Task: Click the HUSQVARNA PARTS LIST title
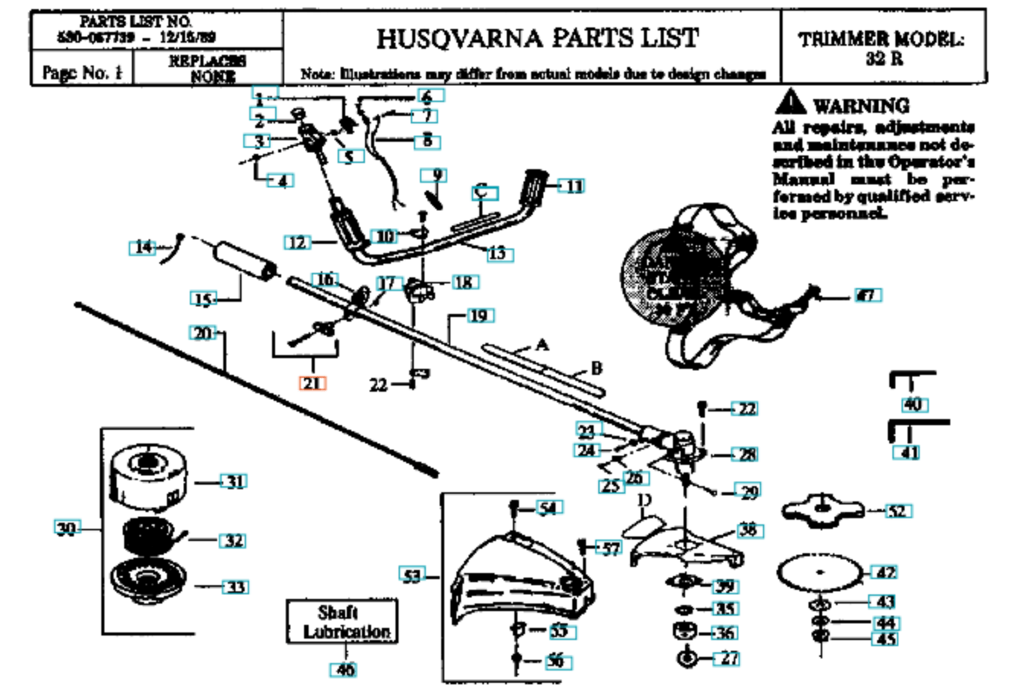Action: click(x=537, y=37)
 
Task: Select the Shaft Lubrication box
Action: click(x=343, y=622)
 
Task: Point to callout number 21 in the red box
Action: click(x=312, y=383)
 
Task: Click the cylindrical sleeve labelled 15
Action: click(x=244, y=263)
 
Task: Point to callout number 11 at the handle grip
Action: click(x=573, y=186)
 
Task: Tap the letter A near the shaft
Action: click(x=542, y=345)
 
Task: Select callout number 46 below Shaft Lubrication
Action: click(x=344, y=671)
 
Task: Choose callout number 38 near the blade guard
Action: click(x=748, y=530)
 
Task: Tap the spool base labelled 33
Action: click(x=147, y=583)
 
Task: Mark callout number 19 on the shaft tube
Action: click(x=479, y=315)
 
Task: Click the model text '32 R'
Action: click(x=884, y=59)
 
